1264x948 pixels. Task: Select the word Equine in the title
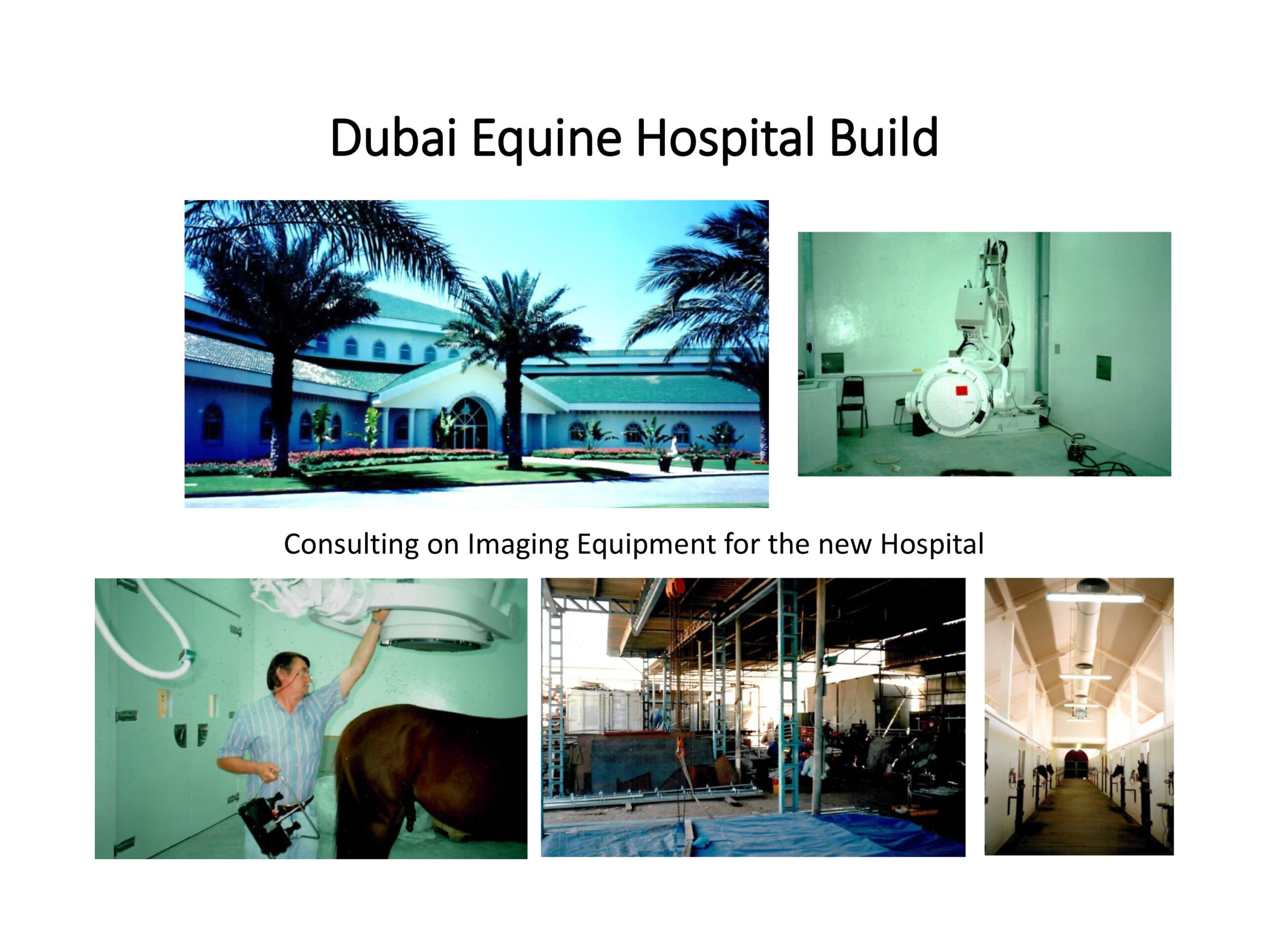click(x=546, y=140)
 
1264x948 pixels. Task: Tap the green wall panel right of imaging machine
click(x=1104, y=368)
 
